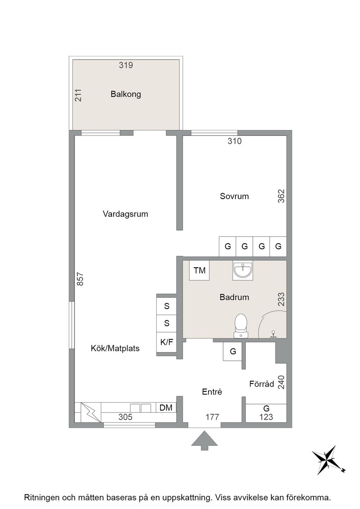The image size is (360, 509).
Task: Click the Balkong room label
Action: coord(125,94)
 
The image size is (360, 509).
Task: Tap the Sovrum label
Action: coord(234,196)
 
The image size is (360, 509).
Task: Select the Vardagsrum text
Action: coord(125,214)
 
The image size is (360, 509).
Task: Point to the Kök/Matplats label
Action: coord(115,348)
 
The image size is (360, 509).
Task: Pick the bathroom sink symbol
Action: coord(242,270)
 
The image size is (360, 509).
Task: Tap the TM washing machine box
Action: coord(199,270)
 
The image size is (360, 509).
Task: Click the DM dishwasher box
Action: coord(166,408)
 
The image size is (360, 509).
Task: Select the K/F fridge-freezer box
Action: coord(166,342)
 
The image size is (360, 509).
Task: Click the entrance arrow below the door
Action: coord(204,440)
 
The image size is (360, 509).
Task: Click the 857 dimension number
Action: coord(80,279)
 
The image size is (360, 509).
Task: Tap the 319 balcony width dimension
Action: coord(125,65)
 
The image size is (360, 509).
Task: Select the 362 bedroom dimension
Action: coord(281,196)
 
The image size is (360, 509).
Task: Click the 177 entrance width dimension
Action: coord(212,417)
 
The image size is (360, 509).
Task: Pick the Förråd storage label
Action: coord(262,384)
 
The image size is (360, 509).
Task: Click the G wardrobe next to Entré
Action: coord(233,352)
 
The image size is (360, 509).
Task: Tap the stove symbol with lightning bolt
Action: coord(90,412)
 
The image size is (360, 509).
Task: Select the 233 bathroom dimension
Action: coord(281,299)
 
